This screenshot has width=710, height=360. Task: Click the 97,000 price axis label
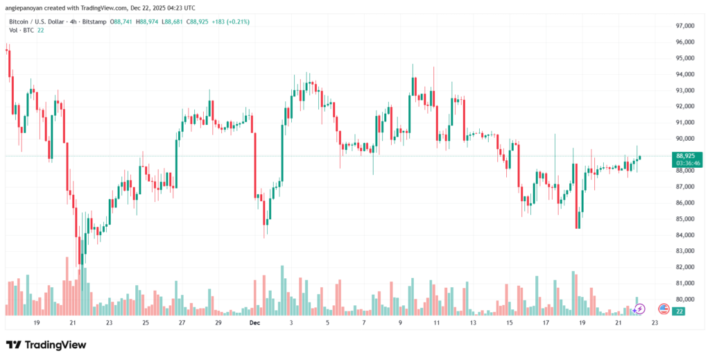click(x=684, y=26)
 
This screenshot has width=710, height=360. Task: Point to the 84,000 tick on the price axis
click(x=684, y=235)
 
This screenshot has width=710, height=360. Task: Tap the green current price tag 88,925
click(x=685, y=157)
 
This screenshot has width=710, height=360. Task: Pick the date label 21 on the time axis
click(x=73, y=323)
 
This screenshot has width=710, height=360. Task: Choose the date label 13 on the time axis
click(x=473, y=323)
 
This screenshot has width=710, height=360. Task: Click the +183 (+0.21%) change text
click(x=233, y=22)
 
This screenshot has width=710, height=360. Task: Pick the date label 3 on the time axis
click(x=292, y=323)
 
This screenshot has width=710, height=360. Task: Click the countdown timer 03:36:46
click(x=685, y=163)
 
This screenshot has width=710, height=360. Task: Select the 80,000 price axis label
click(x=684, y=299)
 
